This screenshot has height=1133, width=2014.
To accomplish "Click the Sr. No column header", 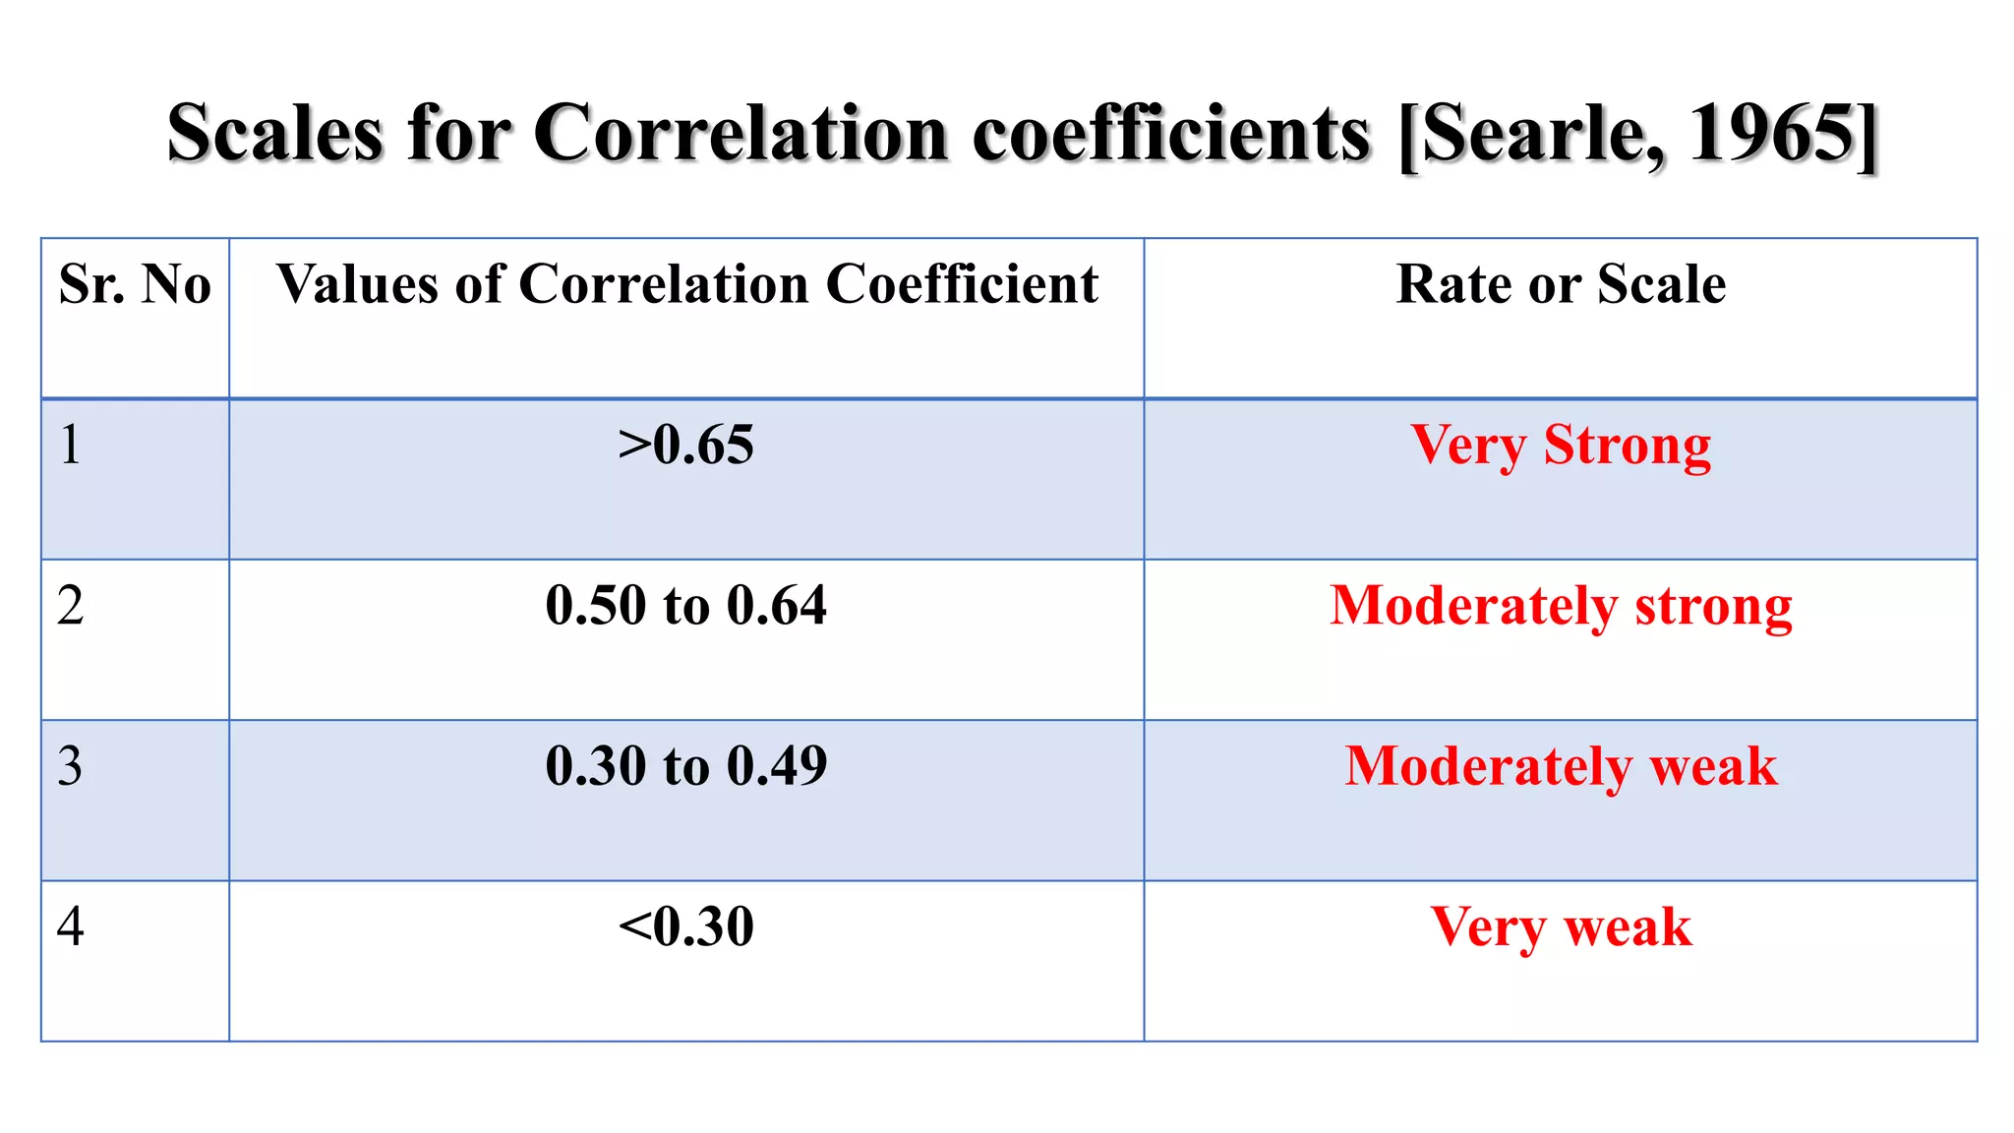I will (x=135, y=284).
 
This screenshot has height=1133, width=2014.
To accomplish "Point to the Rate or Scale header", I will (x=1561, y=284).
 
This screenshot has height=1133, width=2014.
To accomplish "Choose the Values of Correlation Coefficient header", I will (x=686, y=284).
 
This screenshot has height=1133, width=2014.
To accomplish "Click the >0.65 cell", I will (x=686, y=445).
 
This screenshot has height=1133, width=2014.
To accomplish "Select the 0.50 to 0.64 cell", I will (x=686, y=605).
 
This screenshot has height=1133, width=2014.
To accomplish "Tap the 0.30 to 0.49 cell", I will (x=686, y=765).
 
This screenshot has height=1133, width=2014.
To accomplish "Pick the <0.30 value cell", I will (x=686, y=925).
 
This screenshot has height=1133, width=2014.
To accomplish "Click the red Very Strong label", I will (x=1561, y=446).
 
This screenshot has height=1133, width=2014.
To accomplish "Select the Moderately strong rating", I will (x=1561, y=606).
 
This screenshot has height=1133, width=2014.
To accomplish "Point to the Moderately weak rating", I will (x=1561, y=766).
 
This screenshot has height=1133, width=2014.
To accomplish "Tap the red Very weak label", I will (x=1561, y=926).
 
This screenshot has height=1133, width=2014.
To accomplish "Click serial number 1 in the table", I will (x=70, y=445).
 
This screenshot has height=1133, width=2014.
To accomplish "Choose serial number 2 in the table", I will (x=70, y=605).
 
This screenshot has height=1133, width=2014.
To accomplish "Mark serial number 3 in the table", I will (x=70, y=765).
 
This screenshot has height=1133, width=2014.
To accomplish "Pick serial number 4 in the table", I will (x=70, y=925).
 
